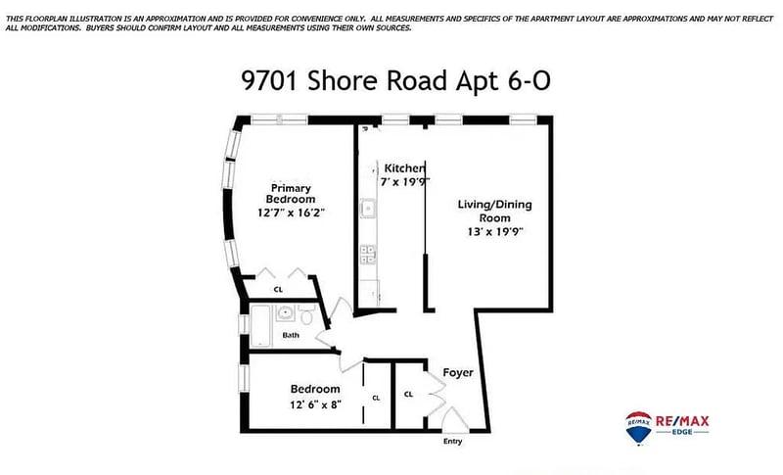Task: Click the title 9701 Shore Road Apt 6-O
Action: [x=395, y=80]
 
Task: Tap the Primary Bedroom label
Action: [x=291, y=193]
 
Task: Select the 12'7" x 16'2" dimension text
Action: [x=291, y=213]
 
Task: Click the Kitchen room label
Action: [x=404, y=168]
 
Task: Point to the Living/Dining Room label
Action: [x=495, y=211]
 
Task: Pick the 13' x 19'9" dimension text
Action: [x=495, y=232]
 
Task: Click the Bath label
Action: [x=291, y=335]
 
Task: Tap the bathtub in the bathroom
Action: [x=260, y=326]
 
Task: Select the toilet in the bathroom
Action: [x=306, y=314]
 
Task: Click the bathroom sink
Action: [x=285, y=313]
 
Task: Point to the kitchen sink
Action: [x=369, y=208]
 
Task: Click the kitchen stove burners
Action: [x=369, y=255]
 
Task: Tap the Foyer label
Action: [x=458, y=372]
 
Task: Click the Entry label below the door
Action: [x=452, y=441]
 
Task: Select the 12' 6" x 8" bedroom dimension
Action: [x=315, y=404]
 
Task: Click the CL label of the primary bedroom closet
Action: [x=278, y=290]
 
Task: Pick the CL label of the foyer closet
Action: [x=408, y=394]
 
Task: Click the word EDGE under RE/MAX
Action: [x=682, y=432]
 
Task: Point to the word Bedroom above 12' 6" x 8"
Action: [x=315, y=389]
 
